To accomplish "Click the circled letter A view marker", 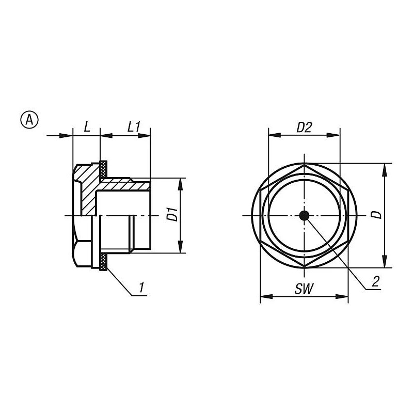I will click(x=29, y=120).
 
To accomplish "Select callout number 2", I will click(x=375, y=281).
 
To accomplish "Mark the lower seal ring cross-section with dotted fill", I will click(x=104, y=262).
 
